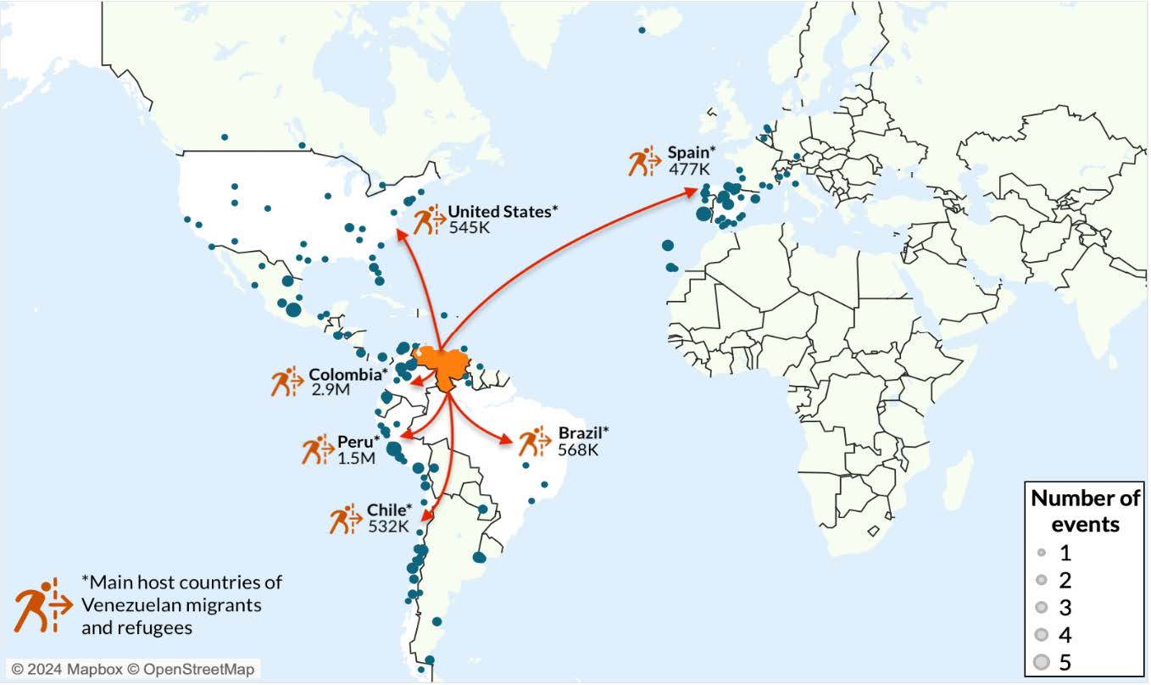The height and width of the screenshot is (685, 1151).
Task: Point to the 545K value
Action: pos(470,227)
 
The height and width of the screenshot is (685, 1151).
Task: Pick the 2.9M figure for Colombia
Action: pos(331,390)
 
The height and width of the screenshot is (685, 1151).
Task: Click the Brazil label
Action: pos(583,434)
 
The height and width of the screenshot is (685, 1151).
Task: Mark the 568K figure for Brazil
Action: pos(578,450)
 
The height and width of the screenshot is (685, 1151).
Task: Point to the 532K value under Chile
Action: pos(388,526)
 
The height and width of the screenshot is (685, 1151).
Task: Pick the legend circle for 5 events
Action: pos(1042,661)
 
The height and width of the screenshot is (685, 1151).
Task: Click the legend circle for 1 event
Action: pos(1042,554)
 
